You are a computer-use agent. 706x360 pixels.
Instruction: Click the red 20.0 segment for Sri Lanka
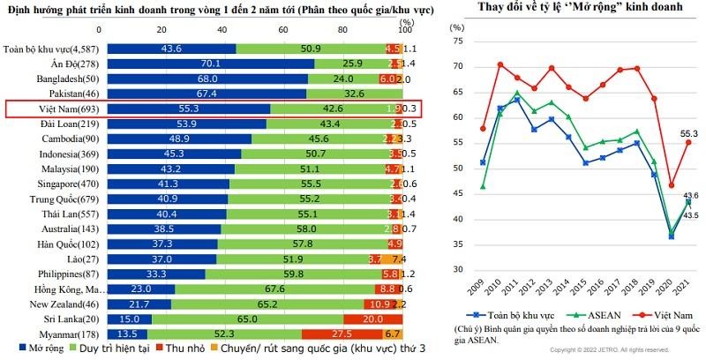point(372,318)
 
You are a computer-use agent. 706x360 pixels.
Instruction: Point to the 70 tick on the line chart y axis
point(456,66)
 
